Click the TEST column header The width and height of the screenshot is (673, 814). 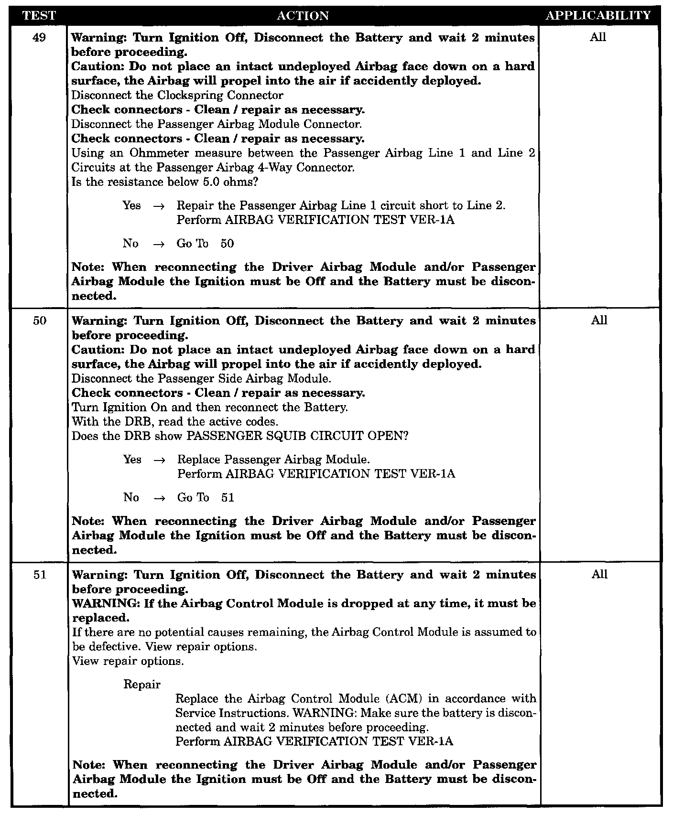click(40, 16)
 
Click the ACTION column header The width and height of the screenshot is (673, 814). click(303, 16)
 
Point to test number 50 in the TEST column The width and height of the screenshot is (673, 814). click(40, 321)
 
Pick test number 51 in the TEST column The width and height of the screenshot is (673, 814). click(40, 575)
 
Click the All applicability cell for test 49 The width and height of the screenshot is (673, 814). click(598, 37)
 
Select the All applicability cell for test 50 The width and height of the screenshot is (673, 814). click(599, 320)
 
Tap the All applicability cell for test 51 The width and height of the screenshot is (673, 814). click(599, 574)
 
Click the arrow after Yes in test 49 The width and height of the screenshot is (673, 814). click(159, 206)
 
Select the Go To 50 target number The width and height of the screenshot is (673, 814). click(228, 244)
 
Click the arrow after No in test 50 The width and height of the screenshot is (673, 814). click(159, 498)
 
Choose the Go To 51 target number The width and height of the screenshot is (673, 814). click(228, 498)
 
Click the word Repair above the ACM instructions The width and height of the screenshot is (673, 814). click(142, 684)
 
